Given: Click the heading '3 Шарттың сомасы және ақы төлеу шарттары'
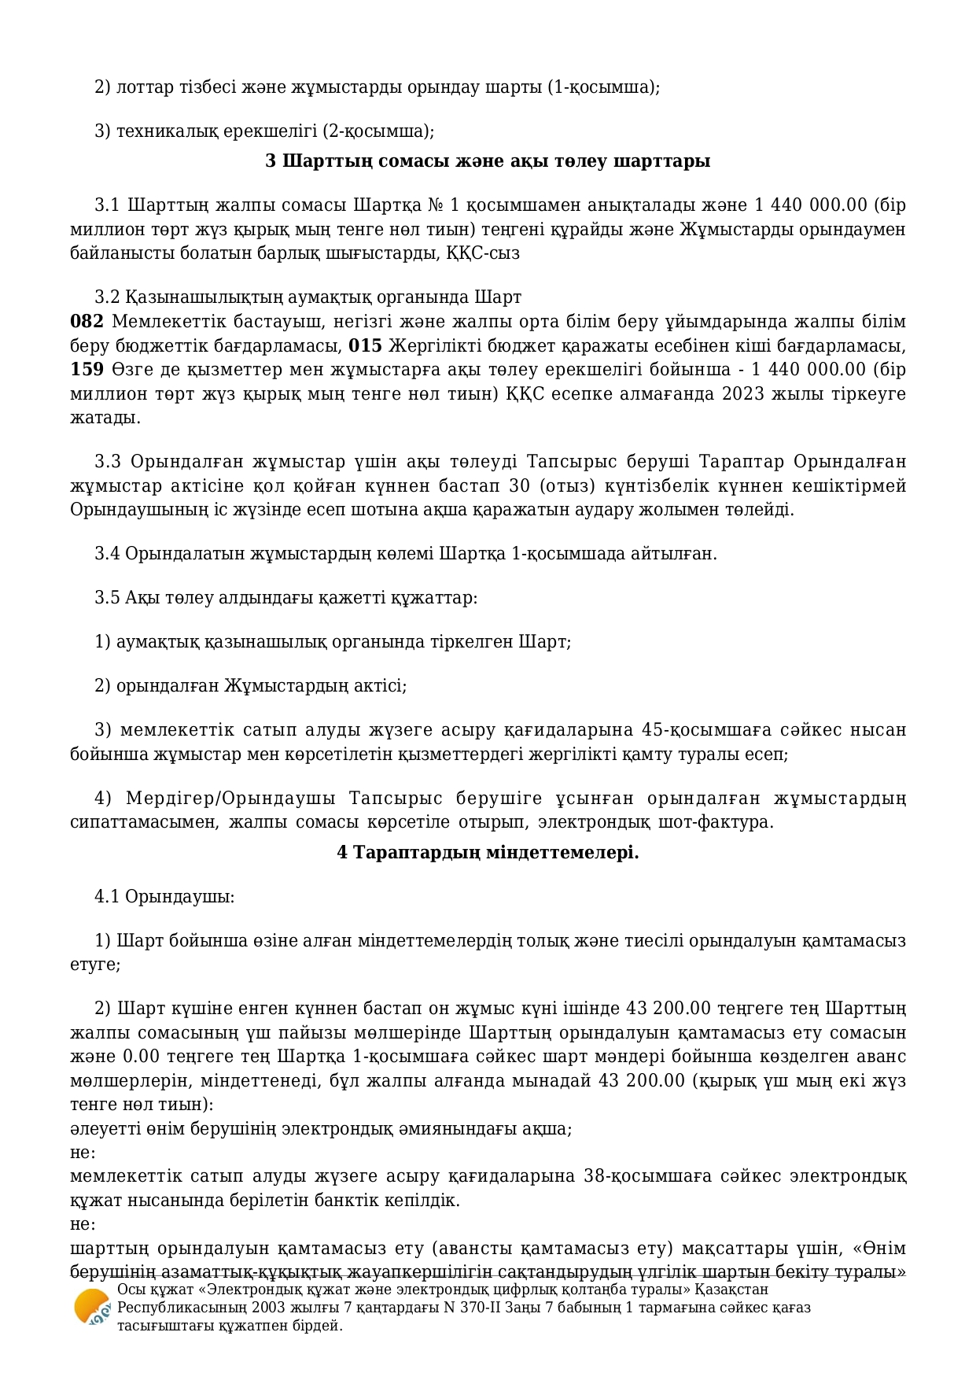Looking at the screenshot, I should click(488, 161).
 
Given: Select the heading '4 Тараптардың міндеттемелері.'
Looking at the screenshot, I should click(488, 852).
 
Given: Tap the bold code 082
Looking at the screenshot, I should click(87, 322).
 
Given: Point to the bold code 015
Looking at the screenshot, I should click(365, 346).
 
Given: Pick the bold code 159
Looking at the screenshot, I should click(87, 370).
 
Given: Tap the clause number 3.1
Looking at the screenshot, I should click(107, 206).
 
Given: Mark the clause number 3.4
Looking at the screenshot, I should click(107, 554).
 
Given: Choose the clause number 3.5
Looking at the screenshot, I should click(107, 598).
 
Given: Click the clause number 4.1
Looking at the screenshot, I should click(107, 897).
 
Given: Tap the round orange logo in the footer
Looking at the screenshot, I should click(92, 1308).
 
